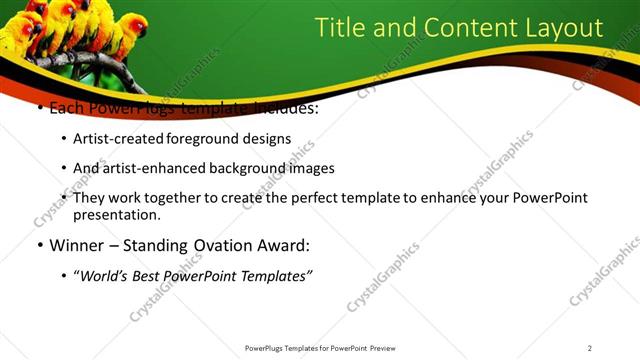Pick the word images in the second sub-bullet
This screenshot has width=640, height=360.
(x=310, y=168)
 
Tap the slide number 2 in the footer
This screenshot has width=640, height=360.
(x=590, y=348)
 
